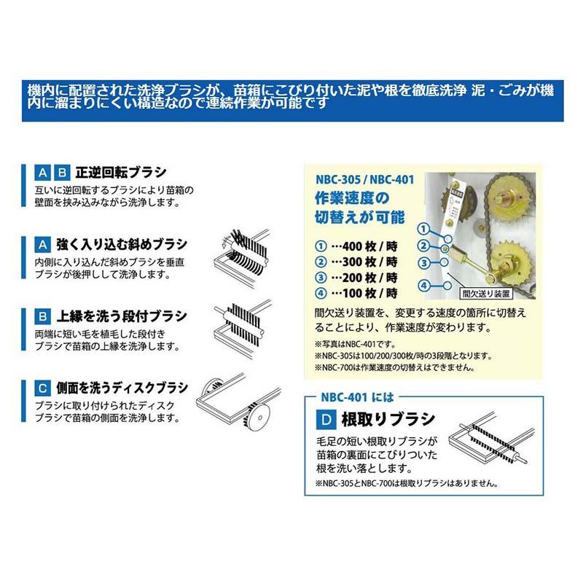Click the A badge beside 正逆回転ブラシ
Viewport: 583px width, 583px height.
click(43, 173)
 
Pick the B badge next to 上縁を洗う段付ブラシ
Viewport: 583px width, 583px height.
click(43, 316)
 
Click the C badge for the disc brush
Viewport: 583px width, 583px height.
click(43, 387)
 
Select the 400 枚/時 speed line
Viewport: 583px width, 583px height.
click(357, 245)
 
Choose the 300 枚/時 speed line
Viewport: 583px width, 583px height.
click(357, 261)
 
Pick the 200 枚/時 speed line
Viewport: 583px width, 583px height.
click(357, 277)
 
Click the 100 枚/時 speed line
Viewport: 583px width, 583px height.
click(357, 293)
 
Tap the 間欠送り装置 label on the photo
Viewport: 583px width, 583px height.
click(485, 294)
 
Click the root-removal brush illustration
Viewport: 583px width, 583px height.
click(486, 441)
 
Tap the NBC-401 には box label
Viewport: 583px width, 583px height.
click(357, 398)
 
